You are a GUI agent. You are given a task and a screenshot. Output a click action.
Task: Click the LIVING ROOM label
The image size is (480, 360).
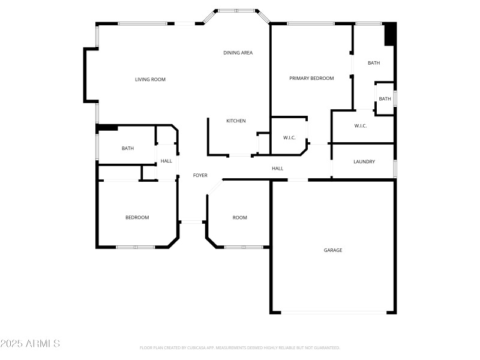click(x=150, y=79)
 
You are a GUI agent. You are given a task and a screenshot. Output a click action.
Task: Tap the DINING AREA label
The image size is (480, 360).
click(x=238, y=53)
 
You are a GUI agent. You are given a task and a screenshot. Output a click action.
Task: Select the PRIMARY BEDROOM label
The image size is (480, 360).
click(x=311, y=78)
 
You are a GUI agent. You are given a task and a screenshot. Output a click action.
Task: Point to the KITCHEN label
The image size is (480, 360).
click(x=236, y=121)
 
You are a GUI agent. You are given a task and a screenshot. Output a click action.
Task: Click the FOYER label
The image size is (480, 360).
click(x=200, y=175)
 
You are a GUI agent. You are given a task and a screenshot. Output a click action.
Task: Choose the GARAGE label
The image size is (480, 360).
click(x=333, y=250)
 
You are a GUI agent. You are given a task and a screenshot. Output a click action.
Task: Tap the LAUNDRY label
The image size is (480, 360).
click(x=364, y=161)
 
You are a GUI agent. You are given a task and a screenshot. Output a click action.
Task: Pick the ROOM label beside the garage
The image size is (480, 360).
click(x=239, y=217)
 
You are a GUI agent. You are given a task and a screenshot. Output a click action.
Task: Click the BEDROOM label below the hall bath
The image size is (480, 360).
click(x=137, y=217)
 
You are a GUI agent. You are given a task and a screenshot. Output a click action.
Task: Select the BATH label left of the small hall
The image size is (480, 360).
click(x=128, y=148)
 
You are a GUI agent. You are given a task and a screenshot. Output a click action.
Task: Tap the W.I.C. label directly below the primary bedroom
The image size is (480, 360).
click(x=289, y=138)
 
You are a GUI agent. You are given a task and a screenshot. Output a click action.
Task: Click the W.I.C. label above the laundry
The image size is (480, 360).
click(x=360, y=126)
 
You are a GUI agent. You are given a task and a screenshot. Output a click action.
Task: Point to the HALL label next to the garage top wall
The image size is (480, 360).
click(x=277, y=169)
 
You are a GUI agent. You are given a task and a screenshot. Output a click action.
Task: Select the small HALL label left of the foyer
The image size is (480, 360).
click(x=166, y=161)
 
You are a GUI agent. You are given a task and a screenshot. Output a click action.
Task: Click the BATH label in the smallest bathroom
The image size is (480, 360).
click(x=385, y=99)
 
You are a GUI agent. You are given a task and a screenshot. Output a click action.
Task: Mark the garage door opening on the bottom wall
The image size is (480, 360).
click(x=334, y=312)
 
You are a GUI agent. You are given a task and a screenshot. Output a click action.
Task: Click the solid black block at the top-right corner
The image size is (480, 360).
click(x=389, y=34)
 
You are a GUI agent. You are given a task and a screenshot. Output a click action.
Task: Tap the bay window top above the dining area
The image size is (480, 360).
click(x=236, y=11)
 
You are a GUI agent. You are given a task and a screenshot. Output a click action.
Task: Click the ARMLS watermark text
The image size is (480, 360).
click(x=30, y=344)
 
